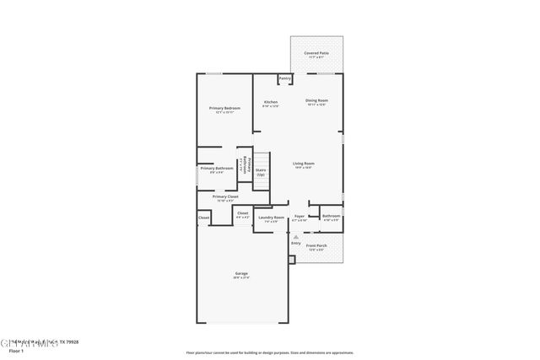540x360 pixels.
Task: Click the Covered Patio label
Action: (x=317, y=53)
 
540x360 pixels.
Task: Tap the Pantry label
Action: (x=284, y=78)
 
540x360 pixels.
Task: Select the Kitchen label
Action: (x=271, y=102)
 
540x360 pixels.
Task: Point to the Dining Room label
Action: (x=316, y=100)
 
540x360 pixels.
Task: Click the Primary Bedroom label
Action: (x=225, y=108)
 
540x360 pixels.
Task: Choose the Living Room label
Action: (x=304, y=164)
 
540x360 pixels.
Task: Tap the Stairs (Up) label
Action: (x=261, y=171)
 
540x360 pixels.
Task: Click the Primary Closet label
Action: (x=225, y=196)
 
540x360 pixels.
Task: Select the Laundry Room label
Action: (x=272, y=218)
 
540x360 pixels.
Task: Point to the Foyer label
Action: (x=300, y=217)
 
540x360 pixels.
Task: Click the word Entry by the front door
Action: (x=295, y=243)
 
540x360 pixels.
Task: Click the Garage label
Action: (x=241, y=273)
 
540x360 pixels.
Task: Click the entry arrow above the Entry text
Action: (x=295, y=236)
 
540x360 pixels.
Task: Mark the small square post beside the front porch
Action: (x=292, y=260)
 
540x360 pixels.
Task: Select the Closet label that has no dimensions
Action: (x=203, y=218)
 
